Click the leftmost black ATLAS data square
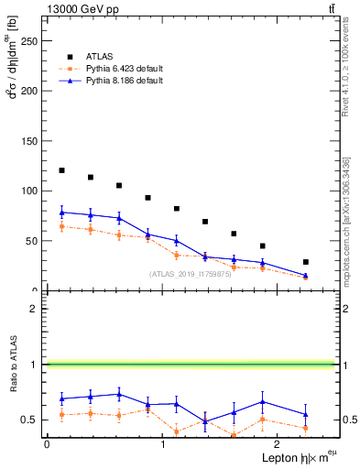click(61, 170)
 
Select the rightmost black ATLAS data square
click(306, 262)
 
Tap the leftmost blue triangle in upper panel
click(61, 213)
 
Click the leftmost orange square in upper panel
click(61, 226)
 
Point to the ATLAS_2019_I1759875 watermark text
click(191, 274)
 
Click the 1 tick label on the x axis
click(162, 444)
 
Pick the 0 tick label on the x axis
click(47, 444)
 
